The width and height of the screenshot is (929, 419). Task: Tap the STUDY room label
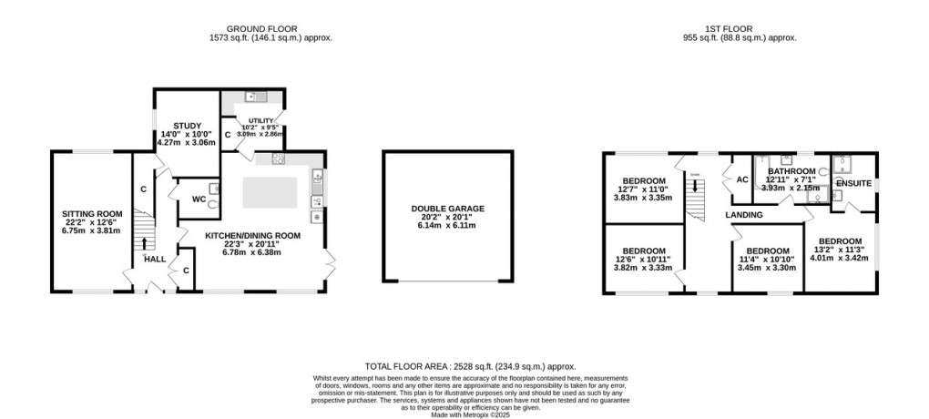187,126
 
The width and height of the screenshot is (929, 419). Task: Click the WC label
198,199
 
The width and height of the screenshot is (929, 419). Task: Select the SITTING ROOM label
91,216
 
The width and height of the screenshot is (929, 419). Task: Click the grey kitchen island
271,192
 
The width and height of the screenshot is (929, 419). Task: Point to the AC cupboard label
742,179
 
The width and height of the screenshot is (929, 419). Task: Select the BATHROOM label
791,171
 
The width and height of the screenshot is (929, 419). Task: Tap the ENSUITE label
854,184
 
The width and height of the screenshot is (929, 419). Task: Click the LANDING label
743,215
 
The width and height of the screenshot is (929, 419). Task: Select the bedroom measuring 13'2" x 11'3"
839,241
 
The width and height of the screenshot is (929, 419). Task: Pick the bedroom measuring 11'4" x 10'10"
767,251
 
